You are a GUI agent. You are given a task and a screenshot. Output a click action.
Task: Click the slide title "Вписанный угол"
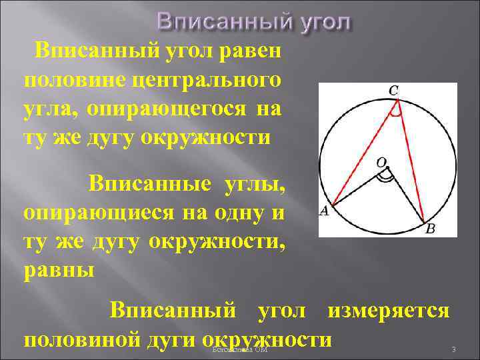253,21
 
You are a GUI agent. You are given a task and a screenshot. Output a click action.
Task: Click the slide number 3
453,350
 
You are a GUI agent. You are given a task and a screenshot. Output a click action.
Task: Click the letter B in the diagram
431,228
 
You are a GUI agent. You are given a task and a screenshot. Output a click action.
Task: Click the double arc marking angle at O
385,177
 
